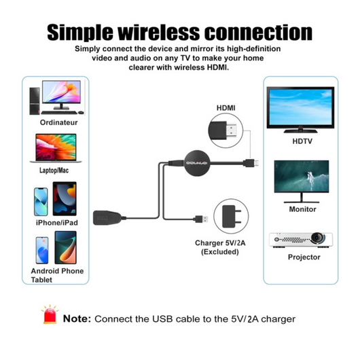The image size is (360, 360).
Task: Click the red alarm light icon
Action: click(50, 314)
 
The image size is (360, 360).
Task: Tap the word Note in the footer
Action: click(77, 319)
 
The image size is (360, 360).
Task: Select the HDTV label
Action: click(302, 141)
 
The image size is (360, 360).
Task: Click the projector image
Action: click(301, 240)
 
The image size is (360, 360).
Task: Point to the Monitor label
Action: click(302, 209)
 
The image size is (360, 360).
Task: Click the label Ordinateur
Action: click(59, 122)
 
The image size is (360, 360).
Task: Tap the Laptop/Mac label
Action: click(54, 170)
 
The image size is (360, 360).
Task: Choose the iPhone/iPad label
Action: click(57, 223)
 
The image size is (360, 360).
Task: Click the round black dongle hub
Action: click(197, 163)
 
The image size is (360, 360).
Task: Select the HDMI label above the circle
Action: click(226, 108)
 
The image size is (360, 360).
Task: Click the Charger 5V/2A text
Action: click(220, 243)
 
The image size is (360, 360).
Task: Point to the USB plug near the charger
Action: click(201, 219)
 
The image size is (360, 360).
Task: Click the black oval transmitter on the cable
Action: click(108, 217)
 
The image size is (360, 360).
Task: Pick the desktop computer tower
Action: click(35, 101)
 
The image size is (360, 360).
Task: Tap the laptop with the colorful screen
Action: click(56, 148)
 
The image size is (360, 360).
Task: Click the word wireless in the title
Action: click(159, 33)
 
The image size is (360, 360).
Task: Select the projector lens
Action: click(318, 238)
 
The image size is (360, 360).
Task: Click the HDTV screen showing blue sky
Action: click(300, 107)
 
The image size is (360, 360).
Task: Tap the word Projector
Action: click(304, 257)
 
